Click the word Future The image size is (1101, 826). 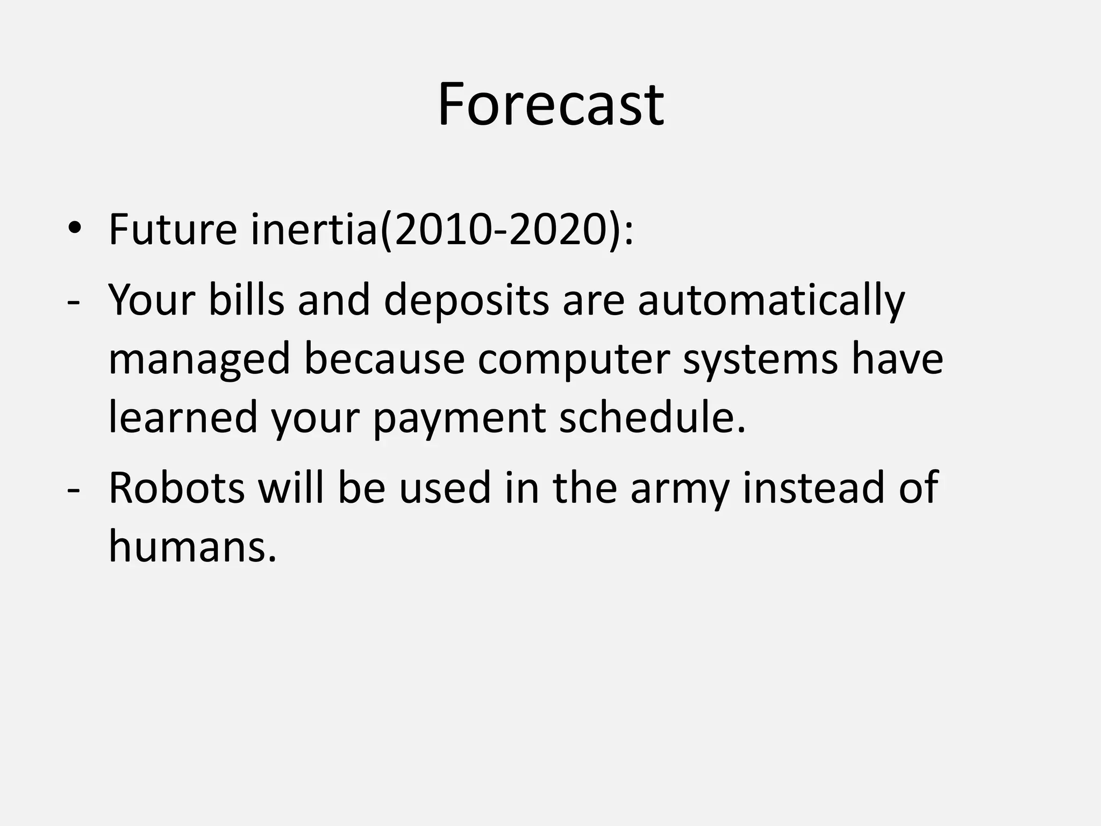(x=173, y=230)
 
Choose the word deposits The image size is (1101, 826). (x=466, y=301)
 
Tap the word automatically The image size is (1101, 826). (x=771, y=301)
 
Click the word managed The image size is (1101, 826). (x=199, y=360)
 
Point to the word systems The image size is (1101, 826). (x=760, y=360)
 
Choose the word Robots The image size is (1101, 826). (x=176, y=487)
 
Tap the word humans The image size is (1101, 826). (x=192, y=546)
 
